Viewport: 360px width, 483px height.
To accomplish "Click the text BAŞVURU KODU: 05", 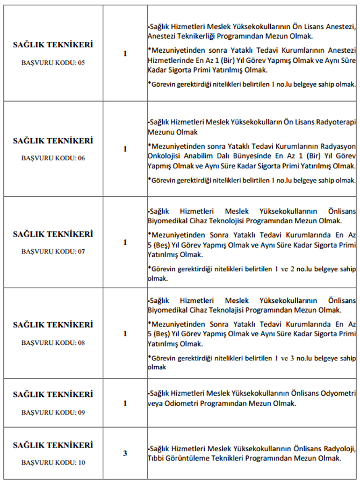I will point(53,62).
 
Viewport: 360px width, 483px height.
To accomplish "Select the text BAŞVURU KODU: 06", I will point(53,158).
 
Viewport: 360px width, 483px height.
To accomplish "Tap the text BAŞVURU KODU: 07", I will point(53,251).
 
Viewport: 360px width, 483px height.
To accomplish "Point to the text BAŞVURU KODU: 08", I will point(53,342).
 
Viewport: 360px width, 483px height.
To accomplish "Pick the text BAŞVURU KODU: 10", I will point(53,462).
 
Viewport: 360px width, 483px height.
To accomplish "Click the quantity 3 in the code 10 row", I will point(125,453).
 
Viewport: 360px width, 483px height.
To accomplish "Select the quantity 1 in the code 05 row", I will point(125,54).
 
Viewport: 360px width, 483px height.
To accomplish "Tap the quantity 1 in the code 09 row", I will point(125,403).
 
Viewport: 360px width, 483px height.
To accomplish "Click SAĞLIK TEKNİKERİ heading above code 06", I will point(53,141).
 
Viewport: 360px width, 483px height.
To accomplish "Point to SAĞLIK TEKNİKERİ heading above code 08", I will point(53,325).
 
